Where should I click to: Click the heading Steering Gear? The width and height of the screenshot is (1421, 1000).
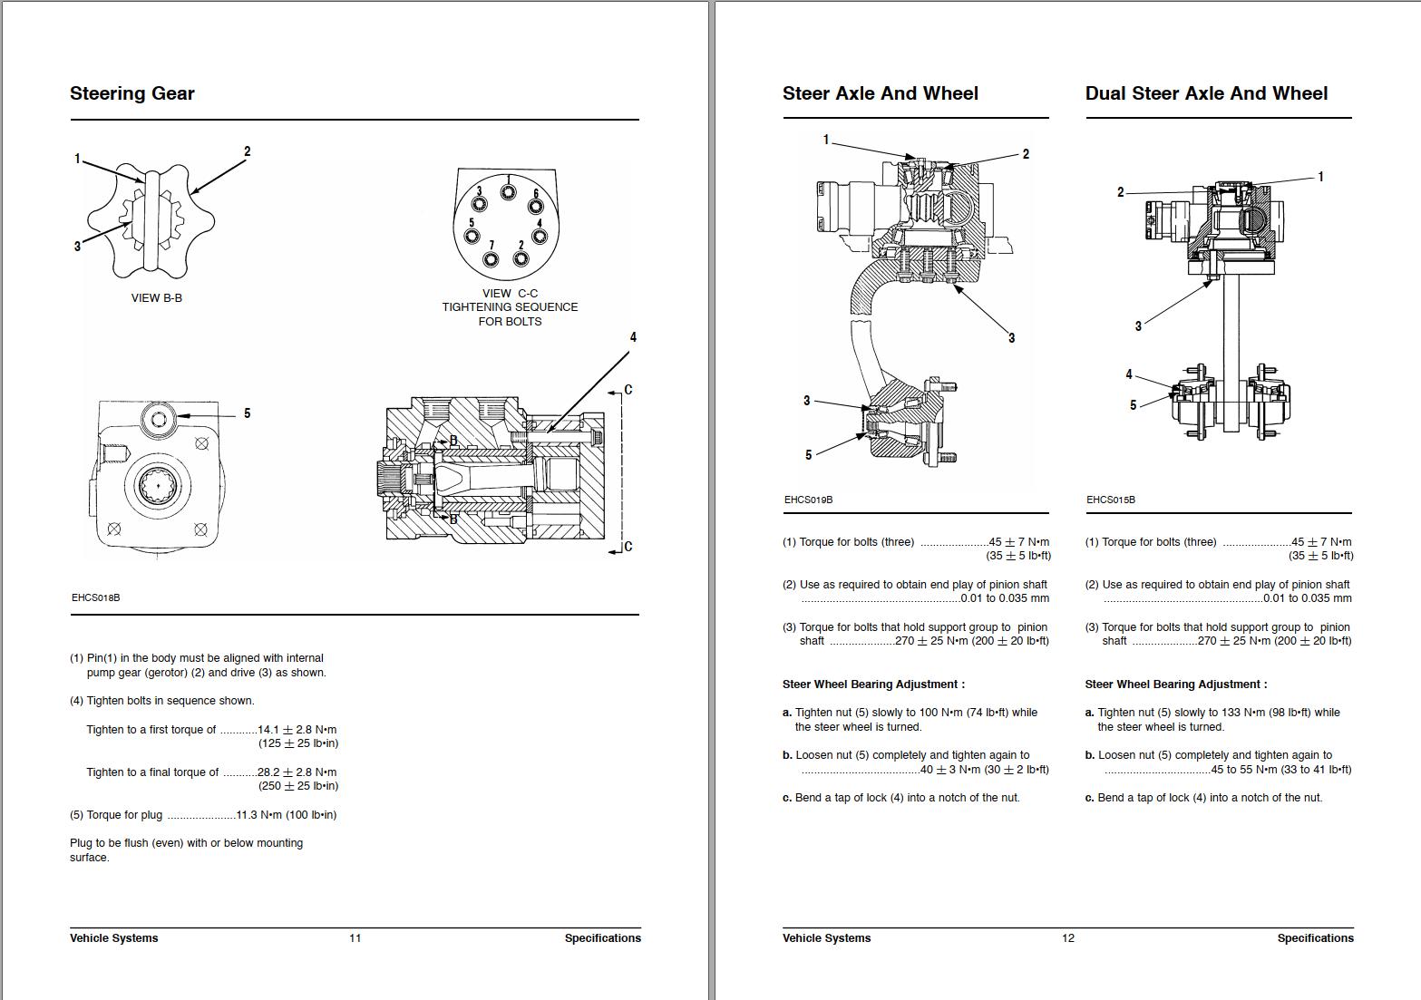point(132,93)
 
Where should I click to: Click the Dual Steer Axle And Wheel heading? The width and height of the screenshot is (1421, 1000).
point(1206,93)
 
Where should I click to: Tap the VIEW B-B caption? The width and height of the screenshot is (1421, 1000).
point(157,297)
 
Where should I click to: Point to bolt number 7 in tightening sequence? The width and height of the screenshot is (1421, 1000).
point(492,259)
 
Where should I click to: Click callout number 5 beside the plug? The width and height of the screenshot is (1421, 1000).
point(247,413)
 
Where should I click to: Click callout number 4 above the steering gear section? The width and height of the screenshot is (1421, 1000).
point(633,337)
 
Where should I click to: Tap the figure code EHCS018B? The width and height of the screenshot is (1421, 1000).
point(95,597)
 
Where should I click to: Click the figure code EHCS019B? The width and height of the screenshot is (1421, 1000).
point(808,500)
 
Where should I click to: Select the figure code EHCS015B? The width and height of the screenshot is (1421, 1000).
point(1110,500)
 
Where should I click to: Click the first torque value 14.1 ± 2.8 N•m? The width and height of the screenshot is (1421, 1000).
point(297,730)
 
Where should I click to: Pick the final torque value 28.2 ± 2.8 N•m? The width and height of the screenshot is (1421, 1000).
point(297,772)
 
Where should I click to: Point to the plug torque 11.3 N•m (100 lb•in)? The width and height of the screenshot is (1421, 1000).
point(286,815)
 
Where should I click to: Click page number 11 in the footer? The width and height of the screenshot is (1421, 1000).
point(355,938)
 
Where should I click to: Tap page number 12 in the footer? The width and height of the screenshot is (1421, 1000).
point(1067,938)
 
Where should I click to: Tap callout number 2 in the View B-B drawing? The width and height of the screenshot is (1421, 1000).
point(247,151)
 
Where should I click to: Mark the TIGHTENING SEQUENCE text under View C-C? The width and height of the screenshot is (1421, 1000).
point(510,307)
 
